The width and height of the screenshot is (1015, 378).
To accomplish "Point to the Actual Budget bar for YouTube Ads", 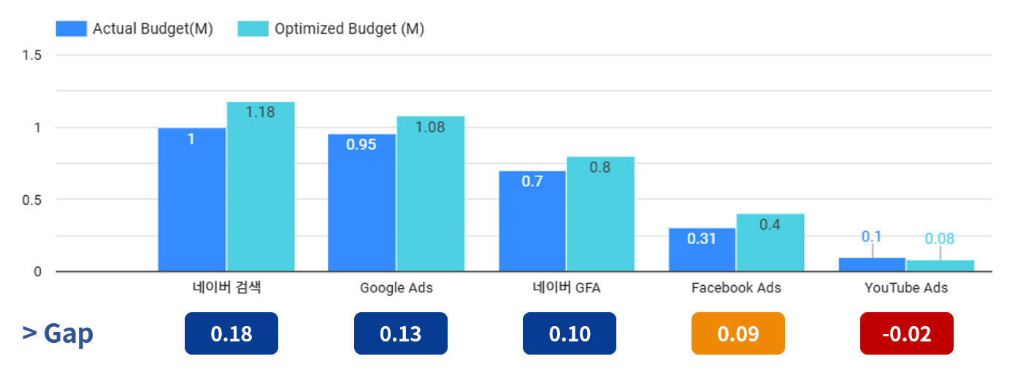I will click(872, 265).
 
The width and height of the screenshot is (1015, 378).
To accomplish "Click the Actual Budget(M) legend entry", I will click(134, 29).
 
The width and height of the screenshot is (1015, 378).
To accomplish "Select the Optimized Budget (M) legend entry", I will click(331, 29).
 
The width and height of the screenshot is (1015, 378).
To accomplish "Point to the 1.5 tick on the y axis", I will click(32, 56).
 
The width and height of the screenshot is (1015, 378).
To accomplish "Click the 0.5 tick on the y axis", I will click(32, 200).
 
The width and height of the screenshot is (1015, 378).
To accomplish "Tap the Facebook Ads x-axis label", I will click(736, 287).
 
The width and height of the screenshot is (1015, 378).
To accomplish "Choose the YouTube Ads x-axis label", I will click(906, 287).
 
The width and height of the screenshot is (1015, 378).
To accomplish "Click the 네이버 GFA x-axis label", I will click(566, 287).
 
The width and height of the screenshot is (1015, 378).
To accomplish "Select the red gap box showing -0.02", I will click(906, 333).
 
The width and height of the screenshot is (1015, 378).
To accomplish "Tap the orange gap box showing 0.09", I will click(738, 333).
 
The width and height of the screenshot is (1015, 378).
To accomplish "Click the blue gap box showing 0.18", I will click(231, 333).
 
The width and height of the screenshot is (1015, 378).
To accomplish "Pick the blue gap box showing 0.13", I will click(400, 333).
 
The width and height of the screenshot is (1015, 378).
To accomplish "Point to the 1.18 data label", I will click(260, 113).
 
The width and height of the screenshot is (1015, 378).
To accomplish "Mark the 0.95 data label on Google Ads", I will click(361, 145).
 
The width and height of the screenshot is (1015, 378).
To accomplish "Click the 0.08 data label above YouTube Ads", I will click(940, 239).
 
